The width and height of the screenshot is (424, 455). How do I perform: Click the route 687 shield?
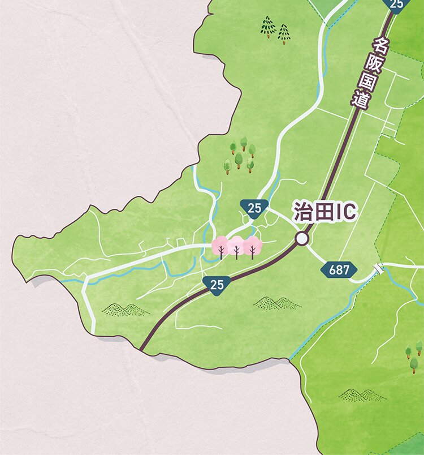click(339, 270)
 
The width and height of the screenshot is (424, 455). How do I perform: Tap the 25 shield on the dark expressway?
click(217, 285)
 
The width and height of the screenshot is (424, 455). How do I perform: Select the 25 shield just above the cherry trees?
click(254, 208)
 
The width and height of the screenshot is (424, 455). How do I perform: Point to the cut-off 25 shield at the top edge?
click(397, 4)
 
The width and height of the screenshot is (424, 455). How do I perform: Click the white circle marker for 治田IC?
click(302, 239)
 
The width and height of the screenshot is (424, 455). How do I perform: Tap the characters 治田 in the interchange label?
click(311, 213)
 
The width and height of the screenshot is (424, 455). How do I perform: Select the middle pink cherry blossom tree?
click(236, 247)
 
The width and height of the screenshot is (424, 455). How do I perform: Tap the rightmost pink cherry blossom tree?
click(253, 247)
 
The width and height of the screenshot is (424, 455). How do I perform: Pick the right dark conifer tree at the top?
click(283, 33)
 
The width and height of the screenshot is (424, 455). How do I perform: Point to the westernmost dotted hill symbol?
click(125, 309)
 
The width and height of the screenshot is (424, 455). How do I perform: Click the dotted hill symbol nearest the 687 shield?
click(277, 303)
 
